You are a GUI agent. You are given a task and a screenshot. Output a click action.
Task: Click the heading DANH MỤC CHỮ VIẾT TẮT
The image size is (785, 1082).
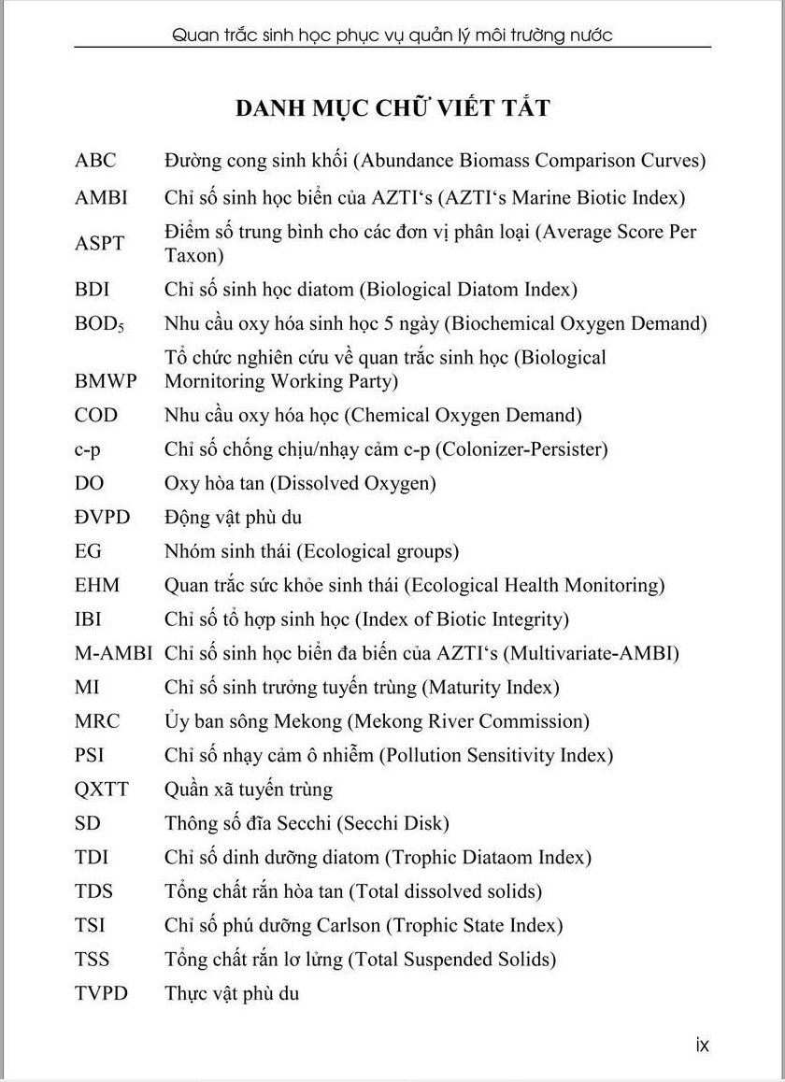pos(392,107)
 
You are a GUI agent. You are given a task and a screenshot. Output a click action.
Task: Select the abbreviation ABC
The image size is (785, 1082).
pos(95,161)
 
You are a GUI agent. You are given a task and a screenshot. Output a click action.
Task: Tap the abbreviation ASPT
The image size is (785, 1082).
pos(99,243)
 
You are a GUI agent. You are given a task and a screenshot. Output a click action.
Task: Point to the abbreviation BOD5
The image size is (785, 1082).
pos(99,324)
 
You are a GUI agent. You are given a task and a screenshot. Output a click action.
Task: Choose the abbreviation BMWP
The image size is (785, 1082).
pos(106,381)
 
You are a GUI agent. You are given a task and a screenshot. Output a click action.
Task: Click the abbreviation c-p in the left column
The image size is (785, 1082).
pos(88,449)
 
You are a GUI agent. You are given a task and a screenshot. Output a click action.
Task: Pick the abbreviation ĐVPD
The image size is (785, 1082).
pos(103,518)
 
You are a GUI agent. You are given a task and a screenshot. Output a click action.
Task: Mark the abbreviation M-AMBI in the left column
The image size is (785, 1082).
pos(113,653)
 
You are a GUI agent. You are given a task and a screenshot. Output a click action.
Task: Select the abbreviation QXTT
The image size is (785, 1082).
pos(102,790)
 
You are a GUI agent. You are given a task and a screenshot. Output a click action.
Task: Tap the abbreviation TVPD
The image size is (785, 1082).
pos(101,993)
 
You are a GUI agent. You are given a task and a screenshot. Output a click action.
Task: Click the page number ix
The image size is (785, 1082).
pos(703,1045)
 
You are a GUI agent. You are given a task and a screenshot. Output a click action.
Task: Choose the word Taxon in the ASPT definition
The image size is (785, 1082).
pos(191,255)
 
